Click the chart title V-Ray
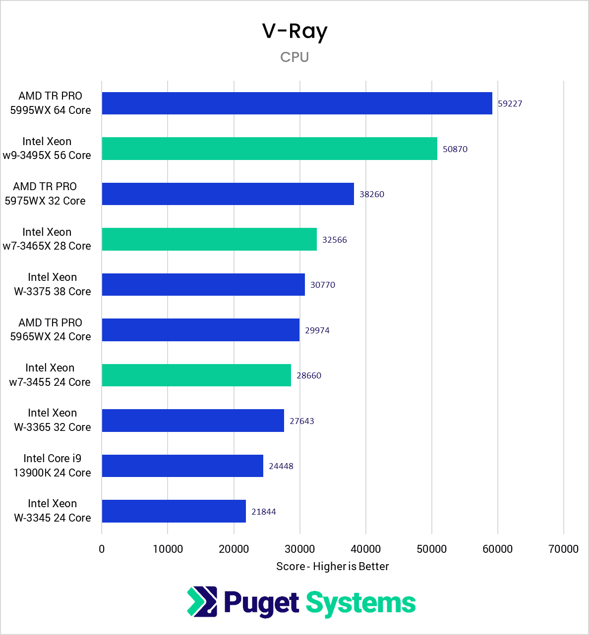click(x=294, y=32)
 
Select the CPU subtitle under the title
click(x=294, y=57)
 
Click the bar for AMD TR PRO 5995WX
click(x=296, y=104)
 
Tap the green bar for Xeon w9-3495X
click(x=269, y=149)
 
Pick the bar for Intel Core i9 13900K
click(x=182, y=466)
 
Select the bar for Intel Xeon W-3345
click(x=174, y=511)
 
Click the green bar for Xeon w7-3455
click(x=196, y=375)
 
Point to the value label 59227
click(x=510, y=104)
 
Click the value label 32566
click(x=334, y=240)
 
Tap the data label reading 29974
click(x=317, y=330)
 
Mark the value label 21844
click(x=263, y=512)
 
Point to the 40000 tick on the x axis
click(x=365, y=549)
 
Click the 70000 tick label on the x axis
click(x=564, y=549)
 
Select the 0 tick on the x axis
click(x=102, y=549)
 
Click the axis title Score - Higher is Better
click(x=332, y=566)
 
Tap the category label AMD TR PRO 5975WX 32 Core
click(x=45, y=194)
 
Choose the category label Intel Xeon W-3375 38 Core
click(x=52, y=284)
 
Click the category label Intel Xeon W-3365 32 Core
click(x=52, y=420)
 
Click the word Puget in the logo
click(x=261, y=603)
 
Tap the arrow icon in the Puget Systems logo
click(x=202, y=601)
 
